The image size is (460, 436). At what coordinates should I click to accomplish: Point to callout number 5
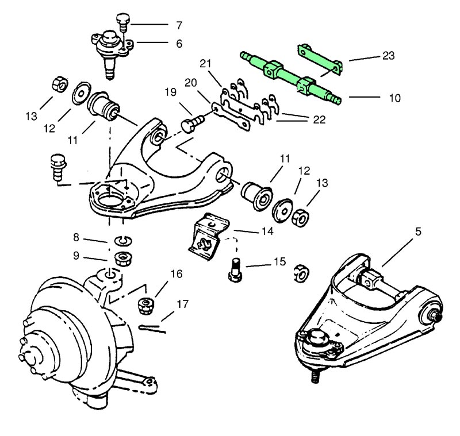pos(418,231)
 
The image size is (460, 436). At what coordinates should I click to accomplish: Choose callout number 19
pos(170,92)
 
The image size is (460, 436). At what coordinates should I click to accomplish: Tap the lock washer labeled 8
pos(121,240)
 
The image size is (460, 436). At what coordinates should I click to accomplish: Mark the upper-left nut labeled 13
pos(60,84)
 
